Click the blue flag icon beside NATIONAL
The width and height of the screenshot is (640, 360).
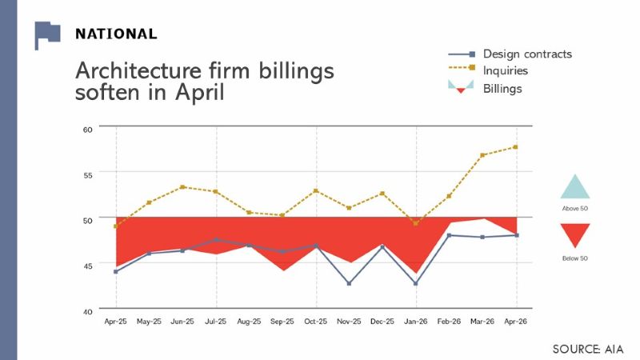pos(47,34)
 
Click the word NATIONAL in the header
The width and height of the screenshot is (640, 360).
pos(116,34)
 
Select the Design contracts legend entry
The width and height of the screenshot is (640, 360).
pos(510,54)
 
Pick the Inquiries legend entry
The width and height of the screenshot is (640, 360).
pos(488,70)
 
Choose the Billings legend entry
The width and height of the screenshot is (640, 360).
pos(486,88)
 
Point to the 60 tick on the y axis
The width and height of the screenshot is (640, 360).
pos(88,130)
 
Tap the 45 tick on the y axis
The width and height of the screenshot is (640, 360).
pos(88,266)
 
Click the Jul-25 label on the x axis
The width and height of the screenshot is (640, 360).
pos(215,322)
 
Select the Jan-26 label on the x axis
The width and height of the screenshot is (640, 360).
pos(415,322)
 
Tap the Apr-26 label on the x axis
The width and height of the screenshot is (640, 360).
pos(515,322)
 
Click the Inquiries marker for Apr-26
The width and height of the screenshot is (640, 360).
pos(515,147)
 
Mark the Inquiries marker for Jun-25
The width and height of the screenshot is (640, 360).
pos(182,187)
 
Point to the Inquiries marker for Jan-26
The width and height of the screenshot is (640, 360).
pos(416,223)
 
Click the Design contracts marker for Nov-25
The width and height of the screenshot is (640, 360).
pos(349,283)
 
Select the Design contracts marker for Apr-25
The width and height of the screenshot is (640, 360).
pos(116,271)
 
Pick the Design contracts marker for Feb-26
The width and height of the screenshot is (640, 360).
pos(450,235)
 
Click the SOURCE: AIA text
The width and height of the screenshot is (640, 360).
pos(588,350)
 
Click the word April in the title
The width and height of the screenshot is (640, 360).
pos(199,93)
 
